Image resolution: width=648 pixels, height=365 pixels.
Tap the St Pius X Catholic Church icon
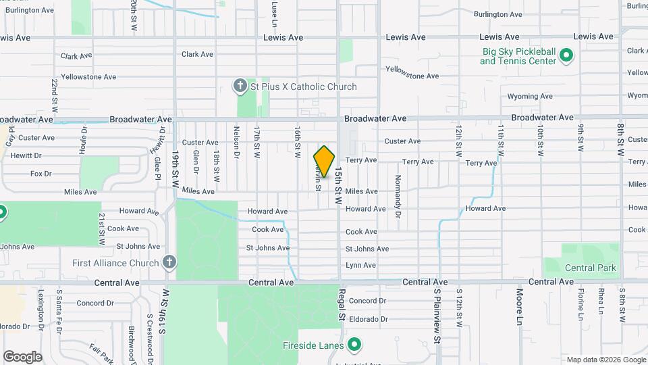[x=240, y=86]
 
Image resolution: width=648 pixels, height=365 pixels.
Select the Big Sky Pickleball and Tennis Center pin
[x=567, y=55]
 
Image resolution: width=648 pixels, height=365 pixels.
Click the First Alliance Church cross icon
[x=169, y=262]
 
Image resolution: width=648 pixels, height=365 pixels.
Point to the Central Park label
[x=591, y=268]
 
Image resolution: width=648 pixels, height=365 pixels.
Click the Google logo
[x=22, y=356]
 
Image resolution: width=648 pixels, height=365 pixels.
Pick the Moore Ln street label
[x=520, y=305]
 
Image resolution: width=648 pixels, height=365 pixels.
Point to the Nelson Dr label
[x=236, y=139]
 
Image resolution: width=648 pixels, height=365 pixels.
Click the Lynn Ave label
[x=360, y=265]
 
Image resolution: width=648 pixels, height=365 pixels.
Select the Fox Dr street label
[x=40, y=174]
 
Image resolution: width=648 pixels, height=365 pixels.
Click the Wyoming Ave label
[x=530, y=97]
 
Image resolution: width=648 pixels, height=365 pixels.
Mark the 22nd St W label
[x=54, y=95]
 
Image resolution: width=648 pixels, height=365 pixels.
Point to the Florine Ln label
[x=580, y=303]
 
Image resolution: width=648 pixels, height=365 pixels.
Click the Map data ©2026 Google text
[x=605, y=360]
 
